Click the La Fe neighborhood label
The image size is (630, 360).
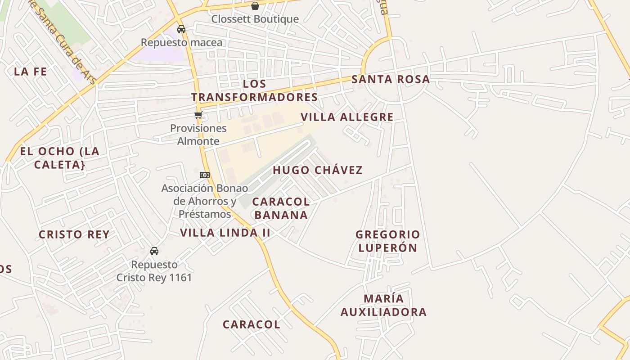point(30,71)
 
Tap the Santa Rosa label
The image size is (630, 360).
point(390,79)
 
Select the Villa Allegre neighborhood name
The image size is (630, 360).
point(347,117)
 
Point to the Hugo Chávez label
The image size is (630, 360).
point(317,170)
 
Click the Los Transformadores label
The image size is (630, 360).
point(254,90)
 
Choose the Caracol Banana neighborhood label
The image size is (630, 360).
point(281,208)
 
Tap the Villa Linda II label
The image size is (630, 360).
point(225,233)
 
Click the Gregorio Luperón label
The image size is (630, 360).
point(387,241)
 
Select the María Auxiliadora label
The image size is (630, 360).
point(383,305)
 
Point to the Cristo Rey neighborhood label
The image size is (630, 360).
point(74,234)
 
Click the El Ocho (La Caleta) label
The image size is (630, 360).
point(59,157)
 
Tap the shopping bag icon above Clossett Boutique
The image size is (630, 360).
point(255,6)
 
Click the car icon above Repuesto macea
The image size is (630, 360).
point(181,29)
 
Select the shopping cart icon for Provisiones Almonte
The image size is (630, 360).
point(198,115)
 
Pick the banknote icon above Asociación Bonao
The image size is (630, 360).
point(205,175)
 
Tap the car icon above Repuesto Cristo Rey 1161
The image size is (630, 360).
point(154,251)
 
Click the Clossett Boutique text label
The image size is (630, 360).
point(255,19)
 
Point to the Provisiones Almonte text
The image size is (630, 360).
point(198,135)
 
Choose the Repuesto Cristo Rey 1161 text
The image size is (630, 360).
point(154,271)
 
